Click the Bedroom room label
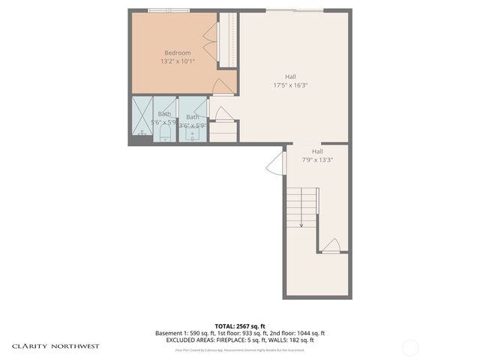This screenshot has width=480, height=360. point(177,52)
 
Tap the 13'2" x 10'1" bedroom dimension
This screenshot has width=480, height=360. point(177,61)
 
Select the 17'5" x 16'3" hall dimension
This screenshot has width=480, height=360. point(290,85)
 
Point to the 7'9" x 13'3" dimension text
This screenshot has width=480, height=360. point(317,159)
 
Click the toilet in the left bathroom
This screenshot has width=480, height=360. point(165,132)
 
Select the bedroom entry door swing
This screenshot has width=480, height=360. point(223,87)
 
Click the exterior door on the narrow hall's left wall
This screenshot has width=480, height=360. point(277,163)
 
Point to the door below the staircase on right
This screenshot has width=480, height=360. point(331,245)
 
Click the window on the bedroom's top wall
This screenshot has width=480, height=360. point(169,10)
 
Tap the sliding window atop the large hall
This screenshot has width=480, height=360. point(295,10)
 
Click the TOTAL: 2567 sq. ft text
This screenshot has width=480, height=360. point(239,325)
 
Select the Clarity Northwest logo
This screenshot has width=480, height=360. point(55,346)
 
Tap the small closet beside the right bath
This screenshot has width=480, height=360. point(223,130)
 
